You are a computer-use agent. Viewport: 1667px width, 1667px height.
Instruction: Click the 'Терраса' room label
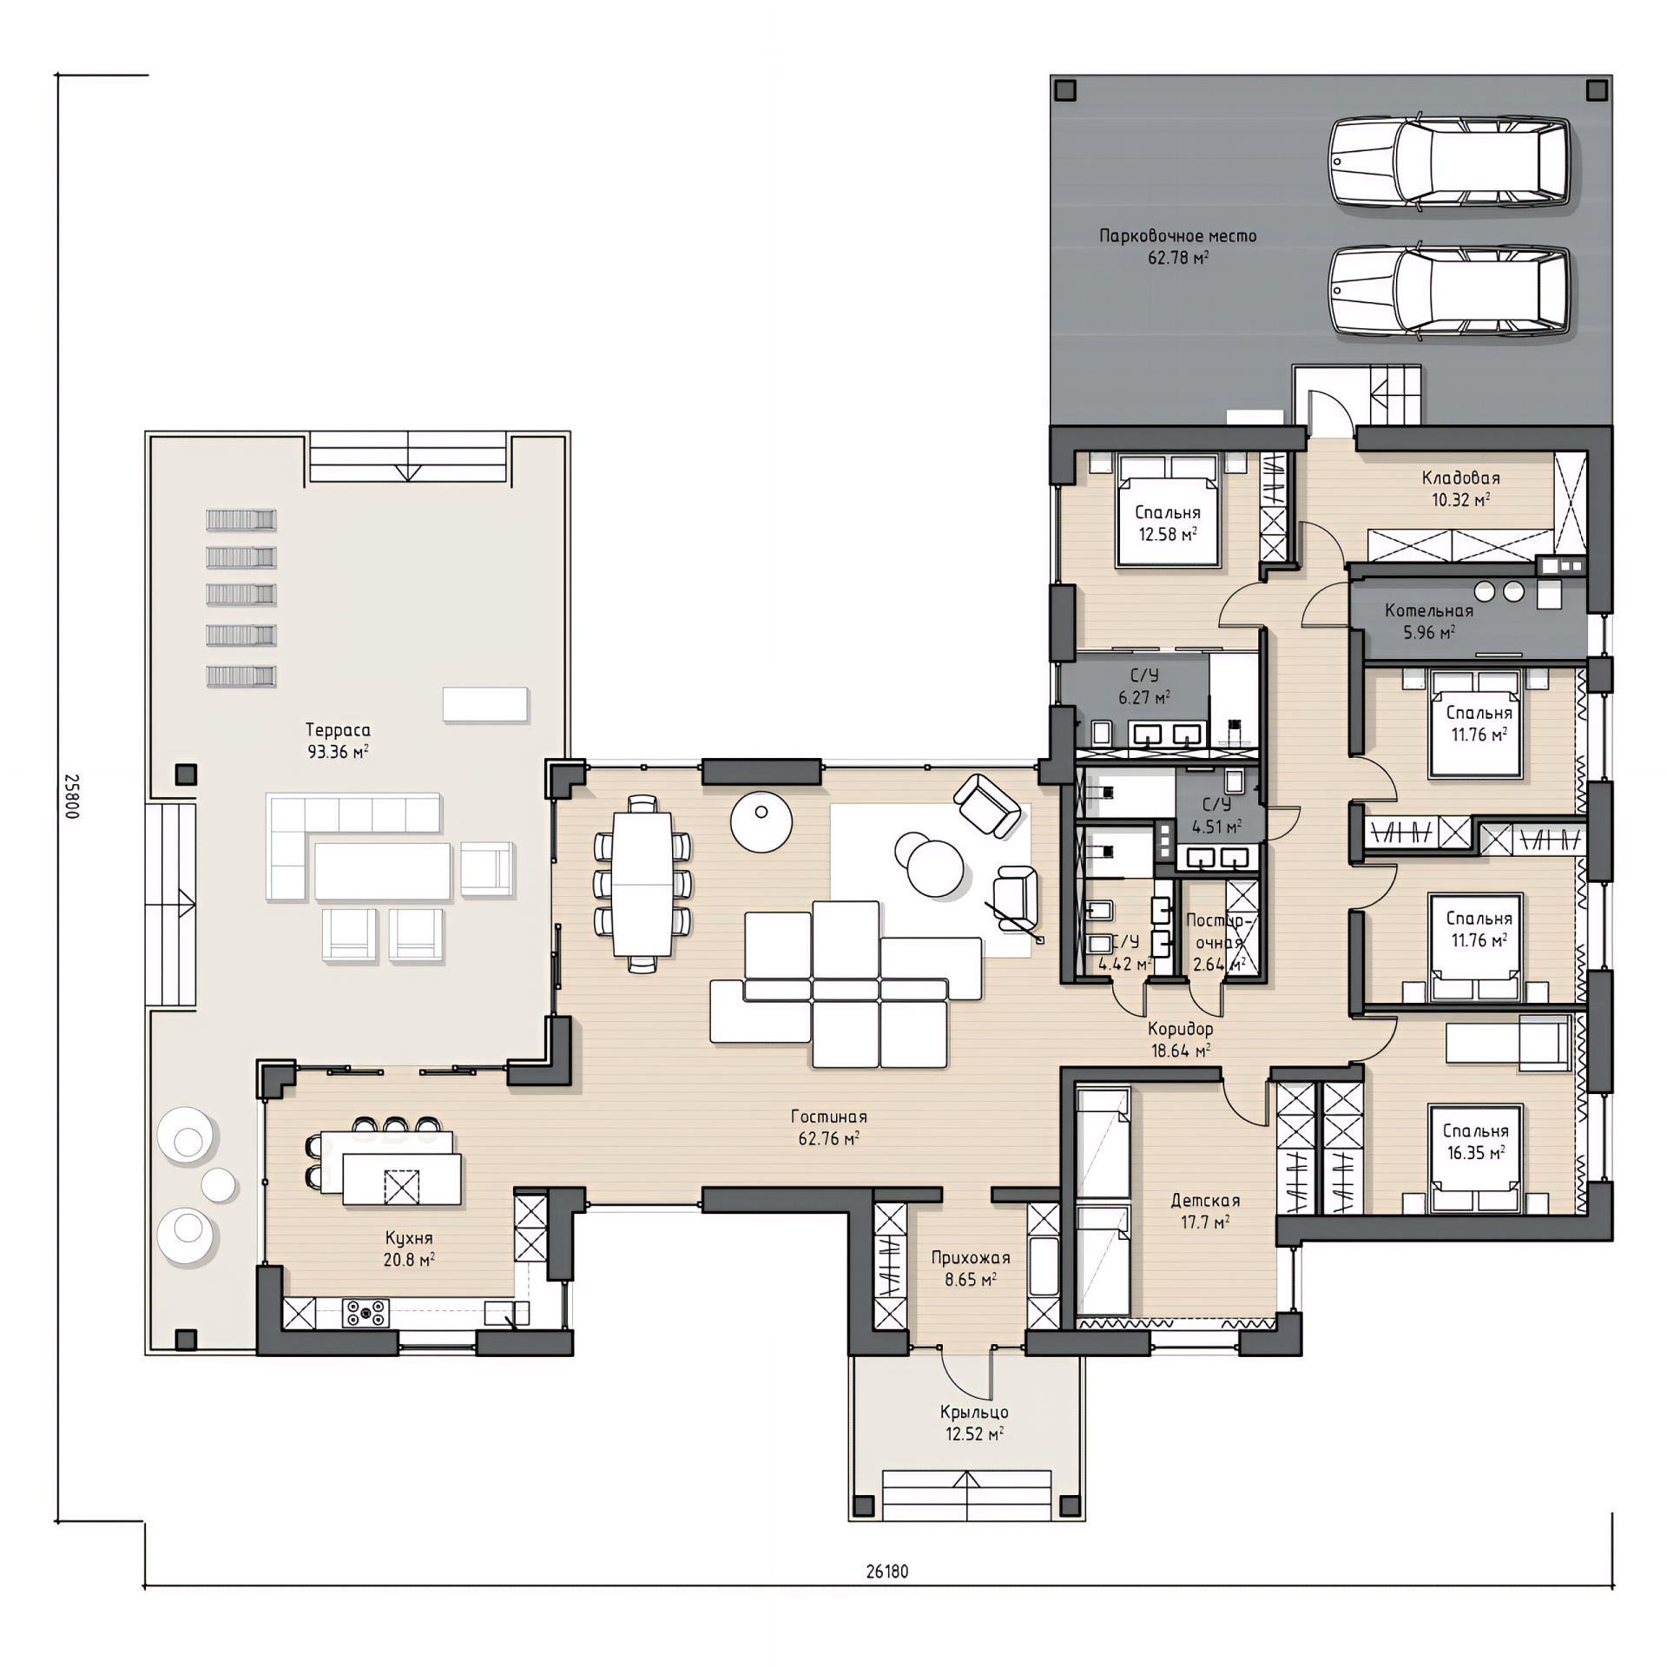[x=338, y=730]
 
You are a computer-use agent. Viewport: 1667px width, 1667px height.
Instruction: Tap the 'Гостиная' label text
[x=828, y=1117]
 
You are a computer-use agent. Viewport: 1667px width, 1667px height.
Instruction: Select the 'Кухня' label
[x=408, y=1238]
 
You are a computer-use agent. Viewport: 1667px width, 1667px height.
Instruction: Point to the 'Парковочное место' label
[x=1177, y=236]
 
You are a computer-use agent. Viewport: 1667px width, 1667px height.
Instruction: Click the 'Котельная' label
[x=1429, y=611]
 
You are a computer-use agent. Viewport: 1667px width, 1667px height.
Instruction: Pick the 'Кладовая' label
[x=1460, y=478]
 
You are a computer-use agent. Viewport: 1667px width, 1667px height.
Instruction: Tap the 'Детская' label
[x=1205, y=1201]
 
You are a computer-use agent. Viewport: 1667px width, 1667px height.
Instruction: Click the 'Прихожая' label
[x=971, y=1258]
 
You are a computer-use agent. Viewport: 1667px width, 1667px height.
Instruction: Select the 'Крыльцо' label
[x=974, y=1413]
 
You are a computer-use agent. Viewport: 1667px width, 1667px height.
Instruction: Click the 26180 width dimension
[x=887, y=1571]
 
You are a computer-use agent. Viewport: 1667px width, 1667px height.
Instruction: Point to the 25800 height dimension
[x=72, y=796]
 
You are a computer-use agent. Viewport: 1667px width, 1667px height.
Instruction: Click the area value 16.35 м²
[x=1475, y=1153]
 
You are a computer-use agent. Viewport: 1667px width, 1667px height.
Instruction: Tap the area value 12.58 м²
[x=1168, y=535]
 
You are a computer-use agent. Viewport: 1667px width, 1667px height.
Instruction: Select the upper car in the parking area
[x=1449, y=163]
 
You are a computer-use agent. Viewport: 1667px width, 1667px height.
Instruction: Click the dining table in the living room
[x=642, y=884]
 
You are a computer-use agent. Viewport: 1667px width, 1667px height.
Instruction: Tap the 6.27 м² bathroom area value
[x=1143, y=697]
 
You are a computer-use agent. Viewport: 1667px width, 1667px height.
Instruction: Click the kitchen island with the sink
[x=401, y=1178]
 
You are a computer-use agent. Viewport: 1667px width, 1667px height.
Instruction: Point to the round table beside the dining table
[x=761, y=821]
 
